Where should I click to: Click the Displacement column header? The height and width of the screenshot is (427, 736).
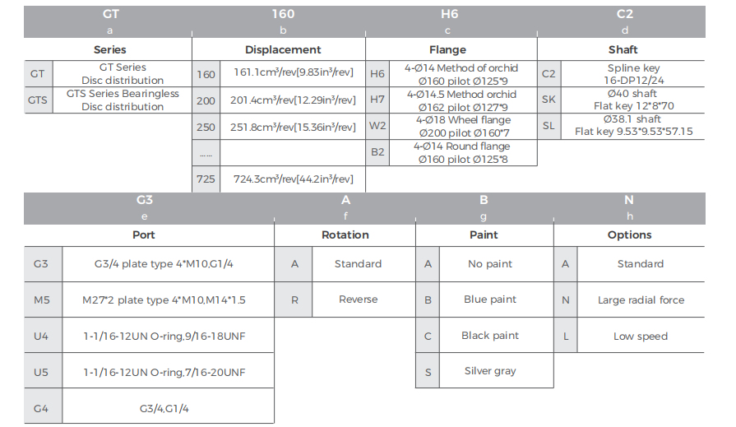pos(283,50)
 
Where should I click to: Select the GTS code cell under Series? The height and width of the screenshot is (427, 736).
pos(38,100)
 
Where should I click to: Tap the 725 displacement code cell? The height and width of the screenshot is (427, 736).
pos(206,179)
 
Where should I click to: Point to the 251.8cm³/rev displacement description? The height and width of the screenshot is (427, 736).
pos(293,127)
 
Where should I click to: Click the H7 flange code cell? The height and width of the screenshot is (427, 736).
pos(377,100)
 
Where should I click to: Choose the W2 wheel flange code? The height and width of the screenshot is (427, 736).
pos(377,126)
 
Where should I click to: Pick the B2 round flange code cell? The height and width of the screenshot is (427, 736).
pos(377,152)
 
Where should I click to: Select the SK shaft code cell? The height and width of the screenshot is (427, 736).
pos(549,100)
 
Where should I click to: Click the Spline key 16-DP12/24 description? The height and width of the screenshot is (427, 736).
pos(633,74)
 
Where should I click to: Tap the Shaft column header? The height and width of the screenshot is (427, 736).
pos(623,50)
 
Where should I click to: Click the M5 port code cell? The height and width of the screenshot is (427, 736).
pos(42,299)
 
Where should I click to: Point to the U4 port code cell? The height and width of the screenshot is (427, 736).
pos(41,336)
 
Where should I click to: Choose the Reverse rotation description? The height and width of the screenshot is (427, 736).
pos(359,299)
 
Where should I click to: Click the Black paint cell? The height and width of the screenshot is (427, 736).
pos(490,336)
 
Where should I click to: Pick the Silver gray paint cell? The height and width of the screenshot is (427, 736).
pos(490,370)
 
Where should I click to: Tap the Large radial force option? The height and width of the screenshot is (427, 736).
pos(641,299)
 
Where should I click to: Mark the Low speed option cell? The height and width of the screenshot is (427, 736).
pos(641,336)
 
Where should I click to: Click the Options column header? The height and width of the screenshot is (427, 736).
pos(629,234)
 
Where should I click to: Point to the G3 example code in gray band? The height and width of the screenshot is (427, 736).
pos(145,200)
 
